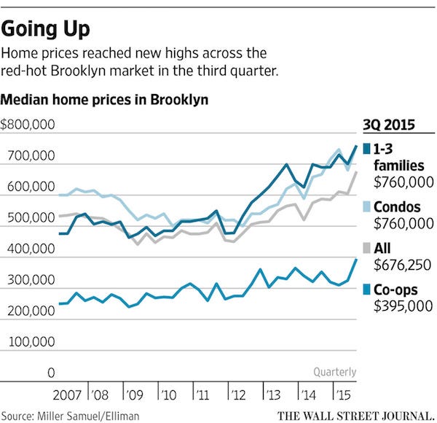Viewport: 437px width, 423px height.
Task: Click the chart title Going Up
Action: (x=47, y=29)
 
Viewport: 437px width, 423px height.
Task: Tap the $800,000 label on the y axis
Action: (x=29, y=125)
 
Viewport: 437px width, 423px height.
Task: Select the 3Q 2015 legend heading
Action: (x=390, y=125)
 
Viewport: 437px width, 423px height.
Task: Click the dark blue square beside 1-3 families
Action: (x=366, y=150)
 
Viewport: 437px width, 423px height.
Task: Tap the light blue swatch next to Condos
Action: (x=366, y=209)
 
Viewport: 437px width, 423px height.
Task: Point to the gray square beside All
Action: (x=366, y=250)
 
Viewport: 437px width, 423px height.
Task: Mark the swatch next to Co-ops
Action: (x=366, y=291)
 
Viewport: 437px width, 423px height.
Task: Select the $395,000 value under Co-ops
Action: (x=403, y=306)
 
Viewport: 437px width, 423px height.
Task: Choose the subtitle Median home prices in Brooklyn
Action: (x=103, y=100)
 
